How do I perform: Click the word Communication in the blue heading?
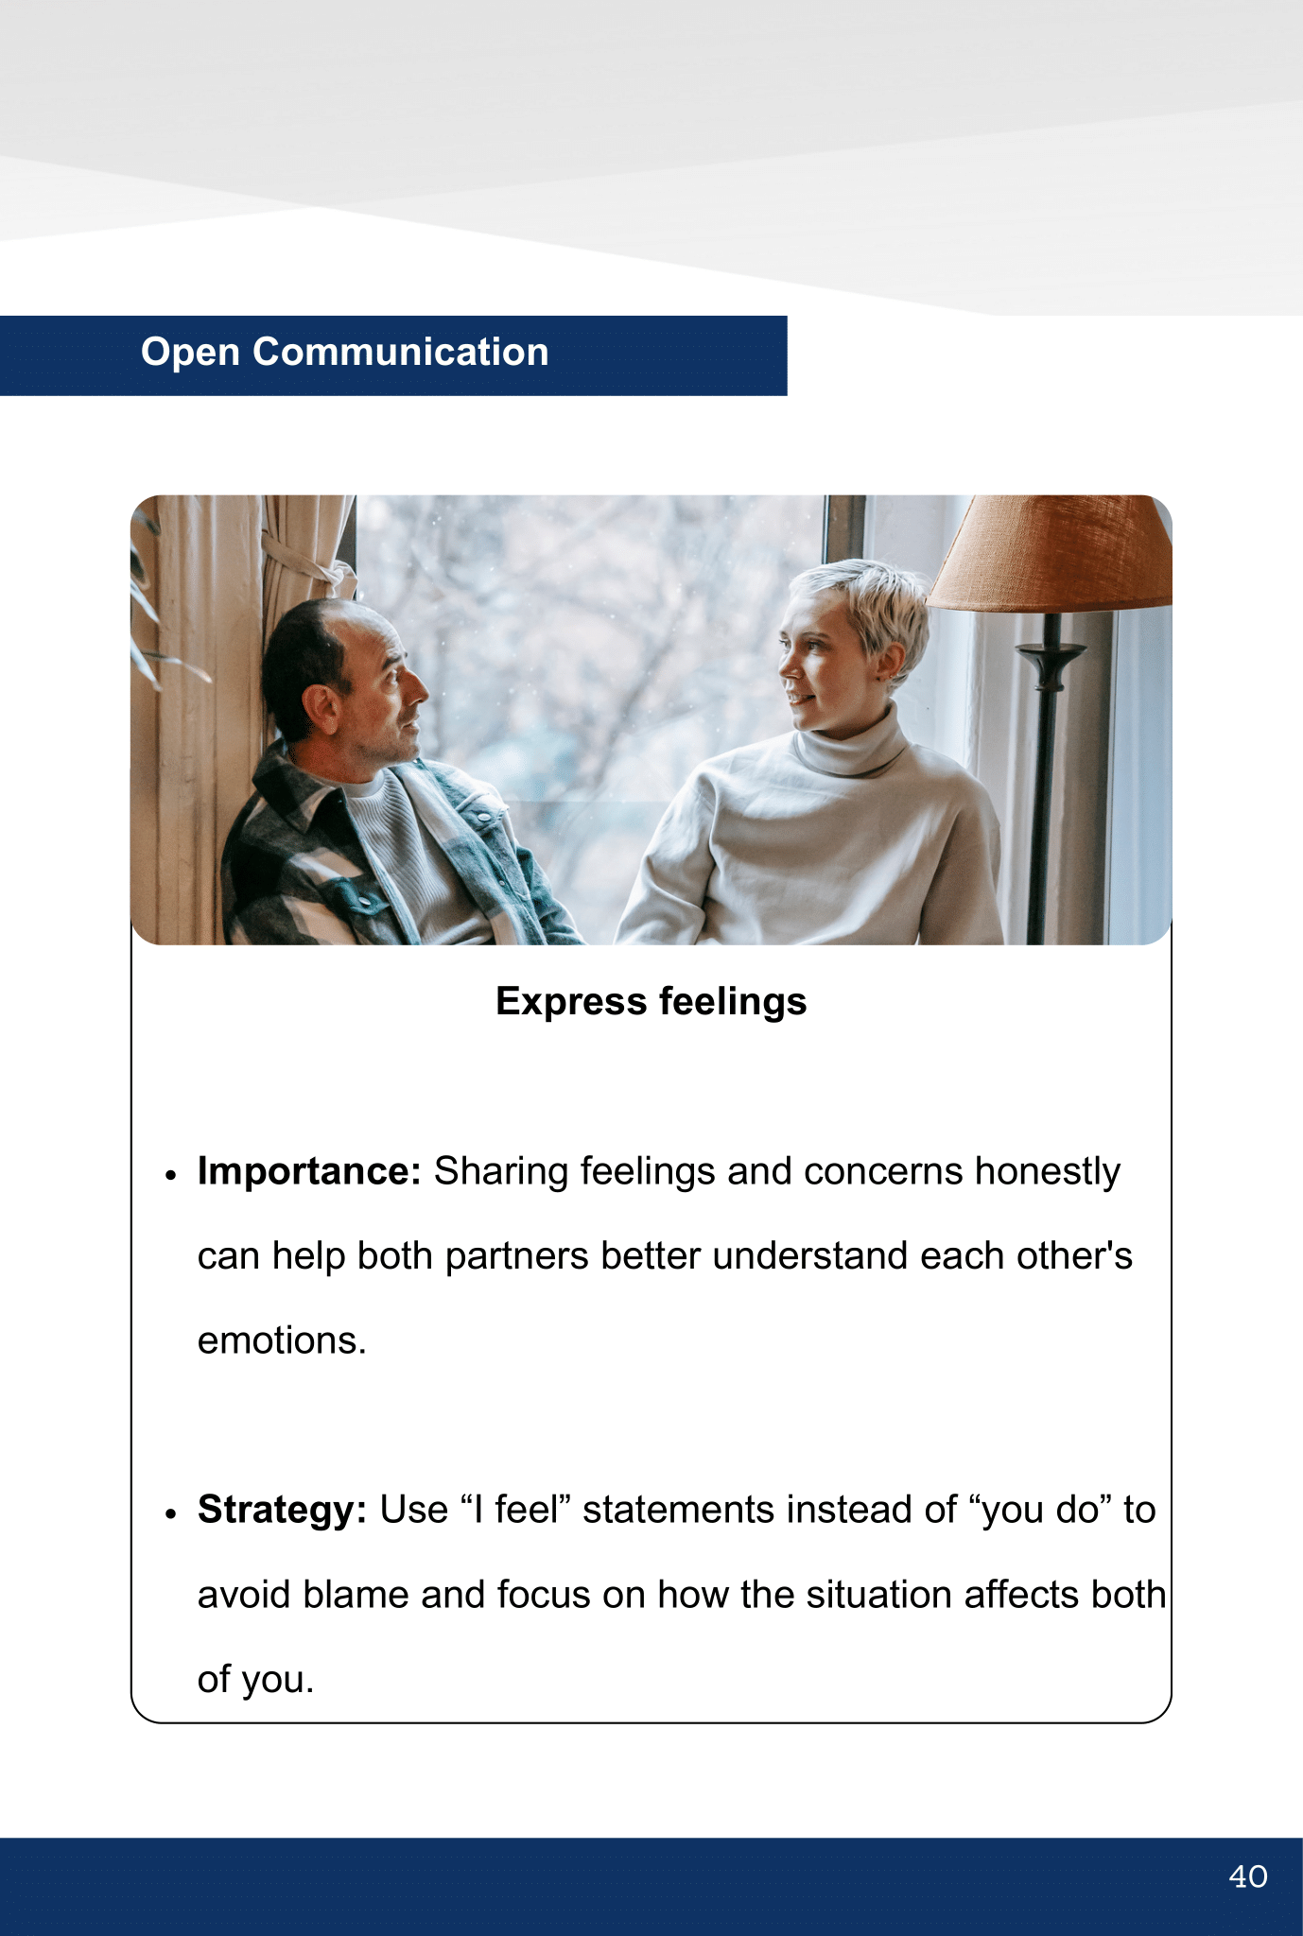(401, 352)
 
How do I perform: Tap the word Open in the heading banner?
(190, 353)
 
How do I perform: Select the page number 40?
(1248, 1876)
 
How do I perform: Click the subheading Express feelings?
(651, 1002)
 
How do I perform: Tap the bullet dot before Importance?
(171, 1175)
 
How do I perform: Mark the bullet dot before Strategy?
(171, 1513)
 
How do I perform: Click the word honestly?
(1048, 1172)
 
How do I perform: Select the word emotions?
(282, 1340)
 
